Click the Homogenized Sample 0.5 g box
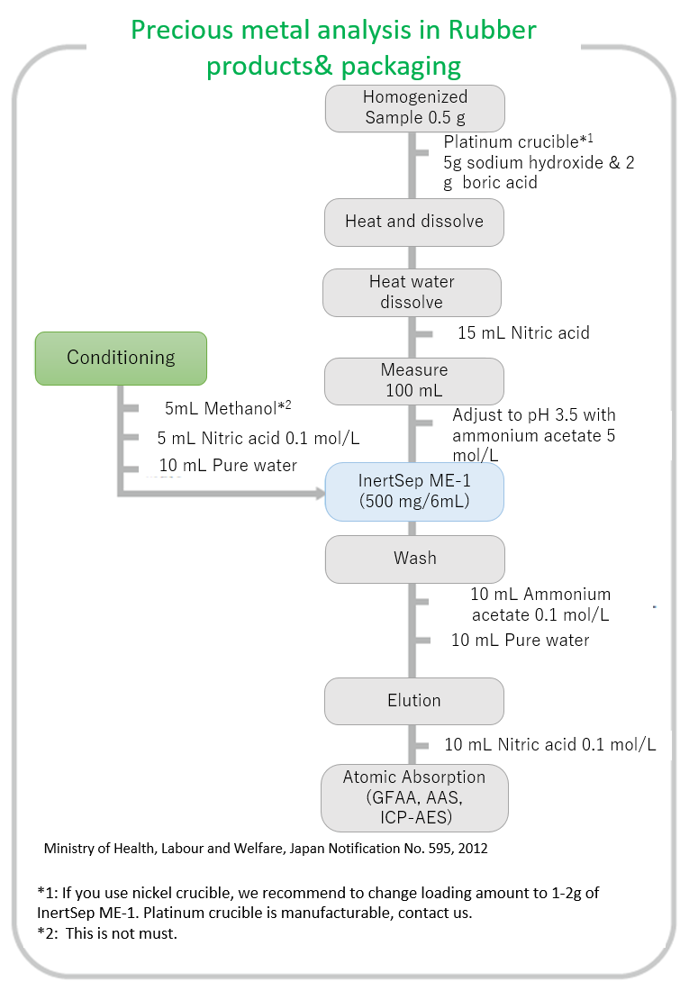(x=414, y=107)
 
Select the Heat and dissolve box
(x=414, y=222)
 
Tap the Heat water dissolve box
(x=412, y=292)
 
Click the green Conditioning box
(x=121, y=358)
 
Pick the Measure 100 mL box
(x=414, y=381)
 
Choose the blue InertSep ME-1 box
(x=414, y=491)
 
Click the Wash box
(x=414, y=559)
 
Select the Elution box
(x=414, y=700)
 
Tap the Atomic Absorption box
(x=414, y=797)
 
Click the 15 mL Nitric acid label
(x=523, y=333)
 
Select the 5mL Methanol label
(x=227, y=409)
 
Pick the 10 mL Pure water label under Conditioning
(x=228, y=466)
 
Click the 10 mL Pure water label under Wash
(x=521, y=641)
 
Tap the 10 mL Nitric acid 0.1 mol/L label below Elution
(x=549, y=745)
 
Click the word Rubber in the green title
(x=492, y=31)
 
